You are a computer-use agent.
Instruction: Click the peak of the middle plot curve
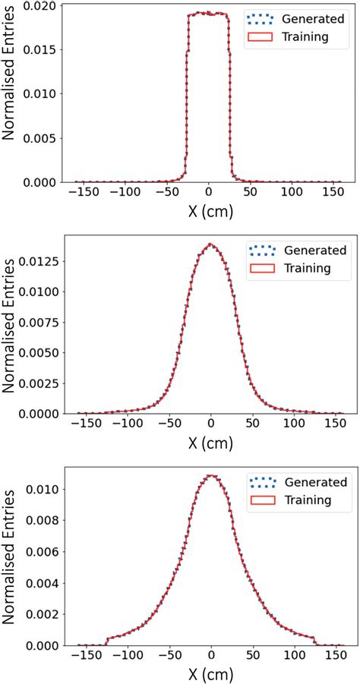(211, 244)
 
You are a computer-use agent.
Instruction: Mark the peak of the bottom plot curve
(211, 476)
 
